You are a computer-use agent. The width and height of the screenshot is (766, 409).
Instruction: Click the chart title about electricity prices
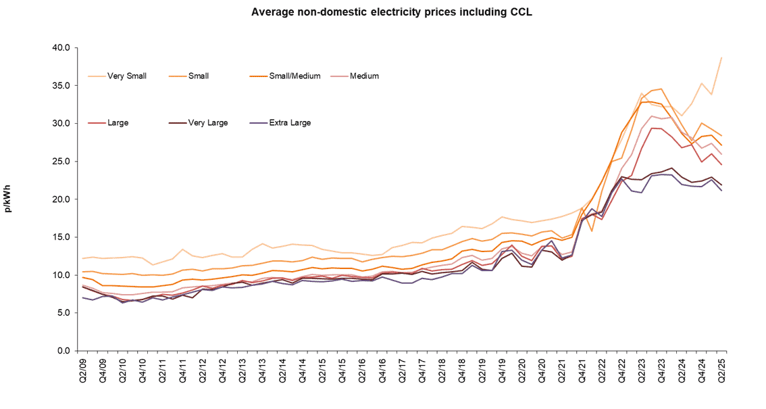click(382, 12)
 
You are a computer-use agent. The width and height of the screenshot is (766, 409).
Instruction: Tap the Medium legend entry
click(364, 76)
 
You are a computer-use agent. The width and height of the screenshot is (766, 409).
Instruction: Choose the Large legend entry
click(117, 123)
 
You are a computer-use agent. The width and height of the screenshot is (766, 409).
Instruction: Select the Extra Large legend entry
click(290, 123)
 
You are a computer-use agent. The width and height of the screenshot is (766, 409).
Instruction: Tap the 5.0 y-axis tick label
click(63, 313)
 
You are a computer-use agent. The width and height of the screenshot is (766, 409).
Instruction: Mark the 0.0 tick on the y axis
click(63, 351)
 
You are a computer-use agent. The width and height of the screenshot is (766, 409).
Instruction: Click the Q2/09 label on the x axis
click(83, 370)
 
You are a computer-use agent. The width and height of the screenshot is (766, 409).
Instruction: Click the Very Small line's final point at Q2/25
click(721, 57)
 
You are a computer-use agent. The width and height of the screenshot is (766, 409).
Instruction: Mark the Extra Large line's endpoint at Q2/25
click(721, 191)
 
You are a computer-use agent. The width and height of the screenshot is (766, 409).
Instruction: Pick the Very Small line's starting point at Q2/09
click(83, 258)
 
